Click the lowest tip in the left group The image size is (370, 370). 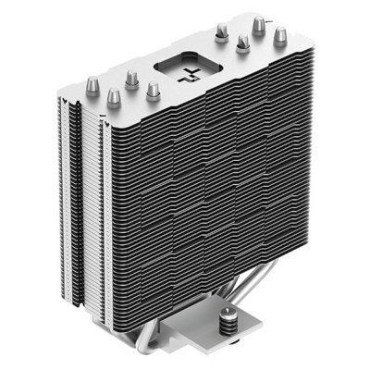[x=114, y=96]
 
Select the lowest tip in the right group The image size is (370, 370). [x=243, y=43]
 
